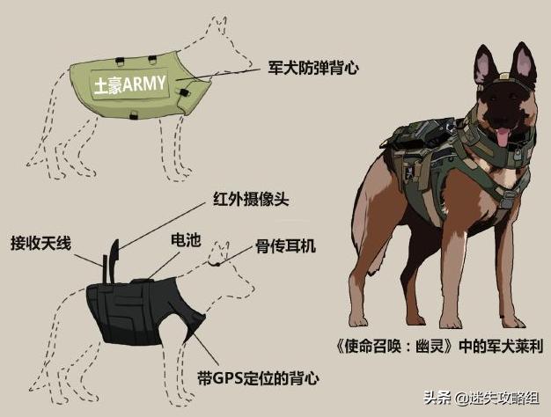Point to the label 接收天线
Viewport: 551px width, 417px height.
pos(43,242)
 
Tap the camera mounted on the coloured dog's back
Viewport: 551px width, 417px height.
pos(430,128)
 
